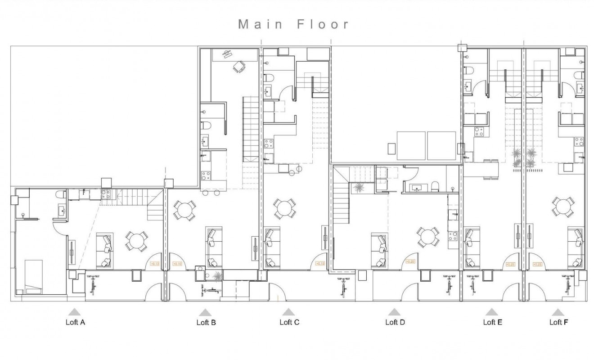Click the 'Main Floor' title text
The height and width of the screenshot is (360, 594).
click(294, 24)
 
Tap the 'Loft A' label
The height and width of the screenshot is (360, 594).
click(75, 322)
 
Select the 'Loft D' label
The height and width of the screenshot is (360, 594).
click(395, 322)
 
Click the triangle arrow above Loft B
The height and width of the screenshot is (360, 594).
click(205, 312)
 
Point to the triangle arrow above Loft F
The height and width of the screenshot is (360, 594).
click(558, 312)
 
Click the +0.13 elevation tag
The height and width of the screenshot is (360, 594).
click(154, 264)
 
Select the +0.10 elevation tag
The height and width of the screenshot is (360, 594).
click(176, 264)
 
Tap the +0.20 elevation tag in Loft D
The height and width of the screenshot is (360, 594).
click(410, 261)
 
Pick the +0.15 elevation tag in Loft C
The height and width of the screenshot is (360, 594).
click(320, 264)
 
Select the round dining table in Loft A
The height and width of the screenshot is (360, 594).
click(136, 241)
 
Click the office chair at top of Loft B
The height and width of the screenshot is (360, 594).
click(238, 67)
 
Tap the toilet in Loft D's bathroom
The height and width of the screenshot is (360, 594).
click(435, 186)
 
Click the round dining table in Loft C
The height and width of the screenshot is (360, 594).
click(284, 208)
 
